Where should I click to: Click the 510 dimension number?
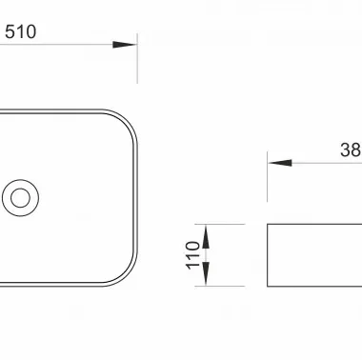[x=21, y=31]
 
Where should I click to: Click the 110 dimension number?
[x=193, y=255]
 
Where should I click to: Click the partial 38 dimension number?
[x=351, y=150]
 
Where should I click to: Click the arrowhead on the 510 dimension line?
[x=125, y=45]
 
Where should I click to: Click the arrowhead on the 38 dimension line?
[x=280, y=163]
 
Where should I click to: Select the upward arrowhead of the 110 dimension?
[x=206, y=236]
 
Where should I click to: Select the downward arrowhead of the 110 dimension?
[x=206, y=274]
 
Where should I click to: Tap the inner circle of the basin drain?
[x=20, y=198]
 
